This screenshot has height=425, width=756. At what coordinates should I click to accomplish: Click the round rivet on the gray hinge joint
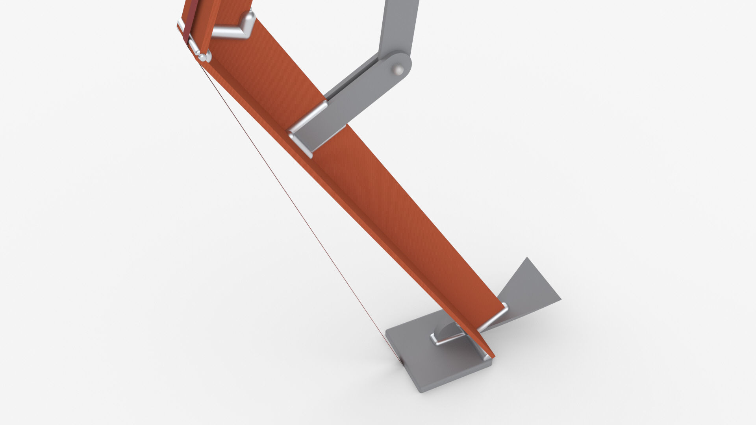click(x=399, y=70)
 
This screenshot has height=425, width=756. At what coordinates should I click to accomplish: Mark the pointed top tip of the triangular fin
click(x=527, y=259)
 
